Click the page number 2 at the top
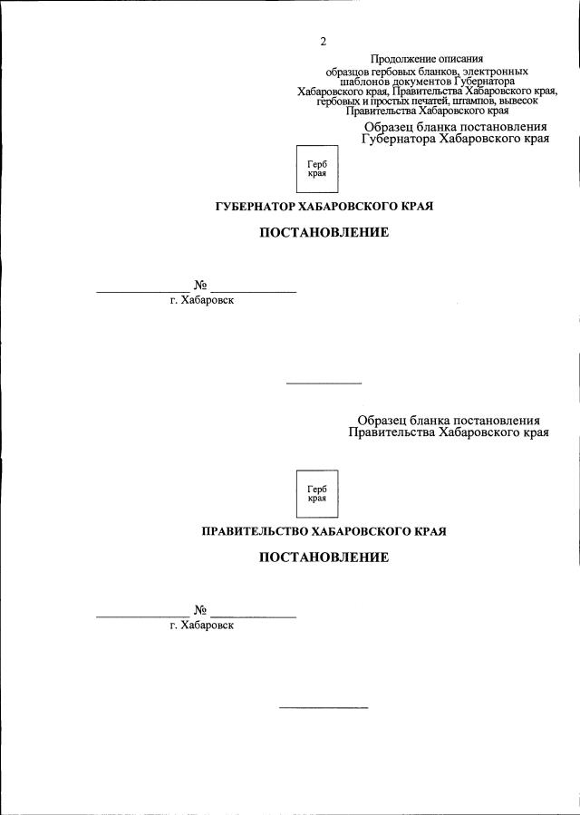(323, 42)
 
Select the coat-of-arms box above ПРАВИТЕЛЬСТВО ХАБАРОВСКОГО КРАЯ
(317, 493)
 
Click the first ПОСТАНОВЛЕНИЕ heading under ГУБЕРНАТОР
(324, 233)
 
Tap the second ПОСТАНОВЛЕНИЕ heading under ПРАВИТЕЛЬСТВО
(324, 558)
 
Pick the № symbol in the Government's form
(200, 610)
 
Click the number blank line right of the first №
(254, 291)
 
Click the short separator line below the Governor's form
(324, 383)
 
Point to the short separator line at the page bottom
(324, 707)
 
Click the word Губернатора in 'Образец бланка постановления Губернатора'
(401, 141)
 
